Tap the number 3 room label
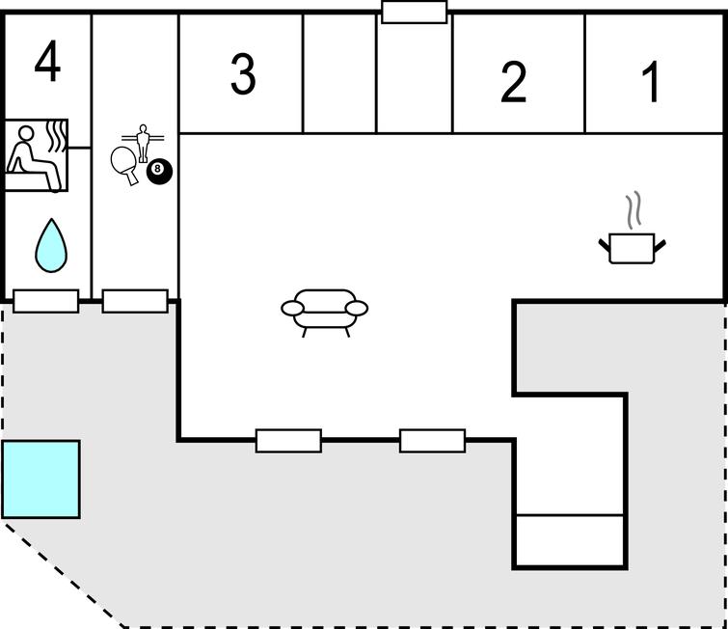click(x=243, y=74)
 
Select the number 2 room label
click(x=514, y=82)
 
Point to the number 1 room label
click(x=653, y=82)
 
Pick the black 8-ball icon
click(x=159, y=172)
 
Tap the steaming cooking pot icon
click(x=633, y=247)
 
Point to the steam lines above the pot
click(x=633, y=209)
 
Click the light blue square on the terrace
click(x=40, y=479)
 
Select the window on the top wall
click(x=415, y=13)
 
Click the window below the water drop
click(x=46, y=301)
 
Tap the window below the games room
click(x=135, y=301)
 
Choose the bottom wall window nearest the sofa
click(x=288, y=441)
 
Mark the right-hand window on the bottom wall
click(x=432, y=441)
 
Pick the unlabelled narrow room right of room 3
click(x=339, y=74)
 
